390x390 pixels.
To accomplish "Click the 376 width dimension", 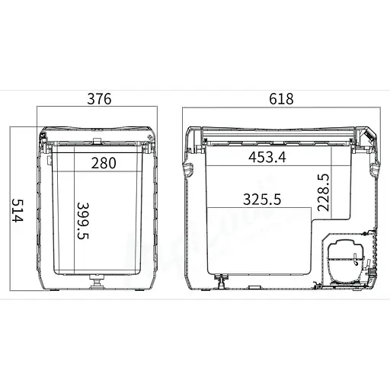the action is point(99,99).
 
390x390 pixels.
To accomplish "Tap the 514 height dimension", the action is point(18,210).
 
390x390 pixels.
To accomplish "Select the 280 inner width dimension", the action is point(104,163).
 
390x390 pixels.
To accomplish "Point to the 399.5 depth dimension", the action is point(83,221).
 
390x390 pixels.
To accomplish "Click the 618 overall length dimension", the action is point(281,99).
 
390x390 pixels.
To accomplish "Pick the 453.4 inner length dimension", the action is point(267,157).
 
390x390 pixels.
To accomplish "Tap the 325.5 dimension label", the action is point(262,199).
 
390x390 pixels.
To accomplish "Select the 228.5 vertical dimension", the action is point(323,193).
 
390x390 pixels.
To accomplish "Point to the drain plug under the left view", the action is point(97,282).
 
